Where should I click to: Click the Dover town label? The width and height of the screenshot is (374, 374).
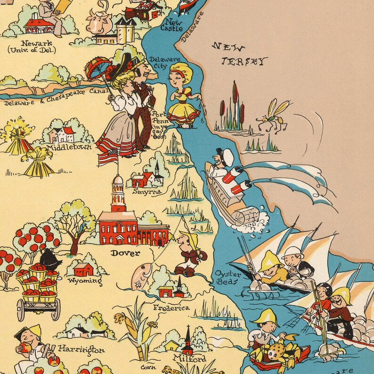[x=125, y=253]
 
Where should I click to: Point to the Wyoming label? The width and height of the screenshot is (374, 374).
[x=85, y=281]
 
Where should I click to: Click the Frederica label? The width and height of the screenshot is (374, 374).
[x=171, y=308]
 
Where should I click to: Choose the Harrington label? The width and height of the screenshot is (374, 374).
[x=81, y=349]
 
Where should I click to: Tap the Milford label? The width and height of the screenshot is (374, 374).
[x=189, y=358]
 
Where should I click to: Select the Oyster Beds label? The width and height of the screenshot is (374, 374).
[x=228, y=277]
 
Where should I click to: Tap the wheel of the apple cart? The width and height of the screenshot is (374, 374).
[x=56, y=309]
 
